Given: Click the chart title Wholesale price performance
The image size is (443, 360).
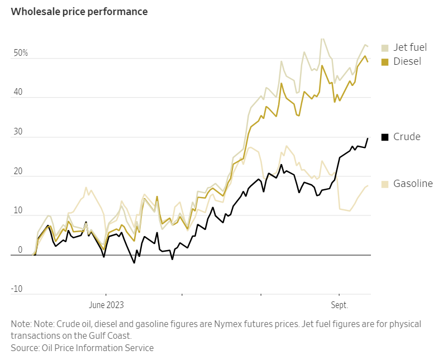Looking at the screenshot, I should point(79,12).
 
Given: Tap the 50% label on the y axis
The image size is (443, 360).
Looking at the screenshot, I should point(21,54).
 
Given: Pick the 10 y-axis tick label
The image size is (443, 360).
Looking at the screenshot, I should point(18,211).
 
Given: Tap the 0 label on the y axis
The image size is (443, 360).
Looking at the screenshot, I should point(20,250).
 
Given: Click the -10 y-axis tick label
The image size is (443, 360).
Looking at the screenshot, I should point(17,289).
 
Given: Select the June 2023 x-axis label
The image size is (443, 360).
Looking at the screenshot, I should point(106,305).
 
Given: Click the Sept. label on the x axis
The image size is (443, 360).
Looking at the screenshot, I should point(339,305).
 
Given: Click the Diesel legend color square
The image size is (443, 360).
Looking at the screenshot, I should point(385,61).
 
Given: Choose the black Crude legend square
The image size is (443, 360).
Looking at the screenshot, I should point(385,137).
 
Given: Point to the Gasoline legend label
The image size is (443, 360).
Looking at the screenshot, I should point(413,184).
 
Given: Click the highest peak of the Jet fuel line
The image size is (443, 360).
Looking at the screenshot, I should point(322,39).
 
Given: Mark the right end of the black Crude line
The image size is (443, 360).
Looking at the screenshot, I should point(368,138).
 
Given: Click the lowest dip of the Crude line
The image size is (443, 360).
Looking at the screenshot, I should point(134,263).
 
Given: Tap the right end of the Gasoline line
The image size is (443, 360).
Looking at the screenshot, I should point(368,185).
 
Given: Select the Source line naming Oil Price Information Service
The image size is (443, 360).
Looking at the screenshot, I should point(82,348).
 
